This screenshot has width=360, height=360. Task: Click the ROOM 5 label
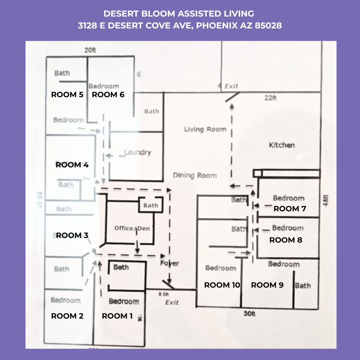tap(67, 95)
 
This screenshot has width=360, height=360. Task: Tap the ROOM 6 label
tap(108, 95)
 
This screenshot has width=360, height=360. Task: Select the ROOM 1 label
tap(117, 316)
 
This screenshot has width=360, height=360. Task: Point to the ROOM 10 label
tap(222, 285)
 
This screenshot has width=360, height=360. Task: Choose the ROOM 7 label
tap(290, 209)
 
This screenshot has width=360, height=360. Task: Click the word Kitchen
tap(282, 145)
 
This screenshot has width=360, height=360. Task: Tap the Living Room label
tap(205, 129)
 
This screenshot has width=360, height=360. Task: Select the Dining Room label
tap(195, 176)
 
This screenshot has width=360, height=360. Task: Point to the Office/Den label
tap(132, 228)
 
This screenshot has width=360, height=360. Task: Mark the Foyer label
tap(170, 263)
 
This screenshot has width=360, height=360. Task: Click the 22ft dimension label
tap(270, 98)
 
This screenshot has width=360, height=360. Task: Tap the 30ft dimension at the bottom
tap(249, 314)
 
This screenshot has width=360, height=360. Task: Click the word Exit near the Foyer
tap(172, 302)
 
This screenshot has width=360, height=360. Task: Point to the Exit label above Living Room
tap(231, 86)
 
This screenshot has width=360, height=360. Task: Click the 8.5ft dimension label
tap(164, 294)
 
